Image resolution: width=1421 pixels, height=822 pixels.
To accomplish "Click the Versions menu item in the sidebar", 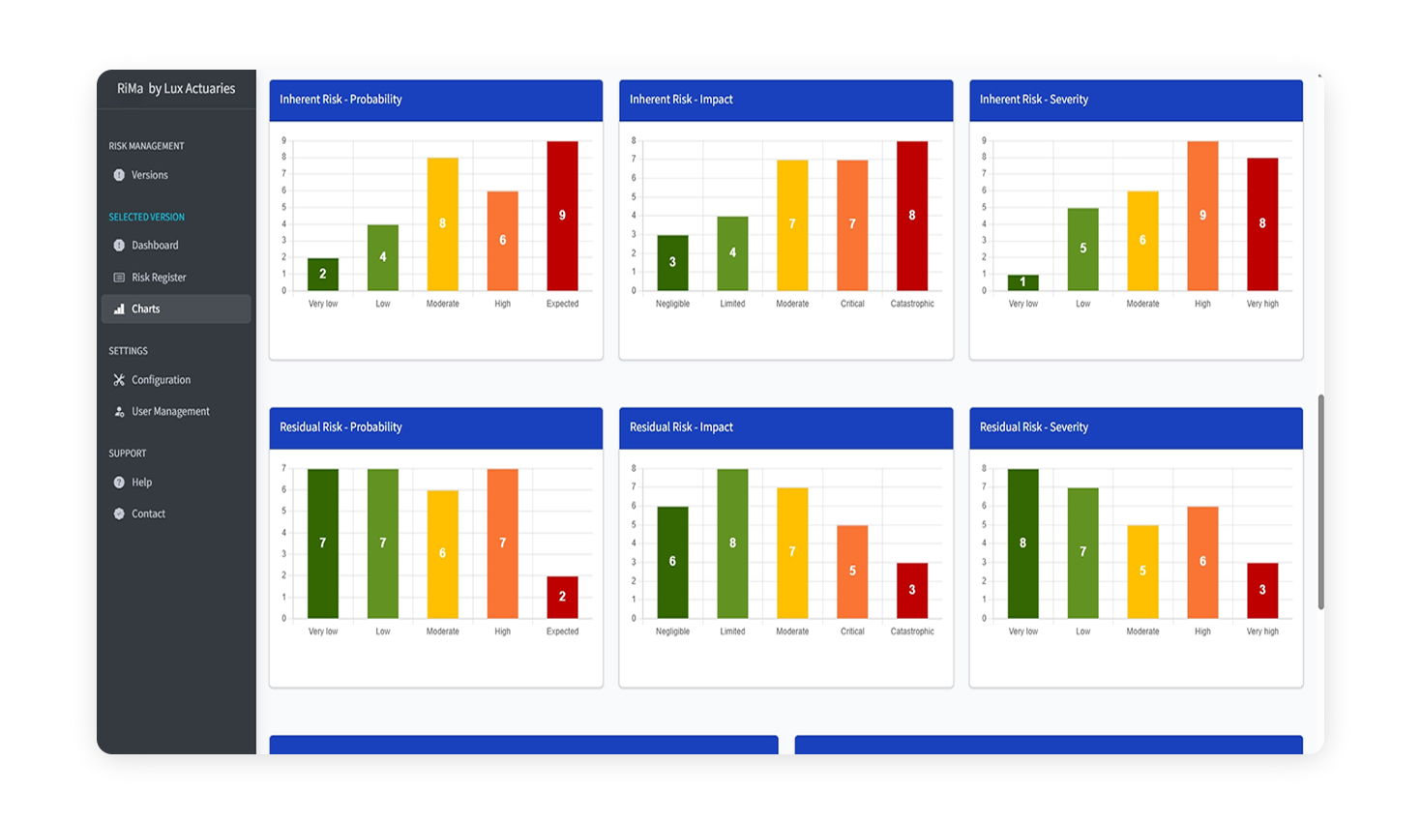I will click(149, 175).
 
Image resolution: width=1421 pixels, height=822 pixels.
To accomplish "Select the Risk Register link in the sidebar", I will click(159, 278).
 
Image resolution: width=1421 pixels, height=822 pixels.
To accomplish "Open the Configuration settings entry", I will click(161, 380).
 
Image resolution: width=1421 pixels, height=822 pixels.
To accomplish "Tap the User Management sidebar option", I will click(170, 412).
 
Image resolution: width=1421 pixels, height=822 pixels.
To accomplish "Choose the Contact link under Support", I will click(148, 514).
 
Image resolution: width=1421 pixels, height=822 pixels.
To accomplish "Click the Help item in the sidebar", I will click(141, 483).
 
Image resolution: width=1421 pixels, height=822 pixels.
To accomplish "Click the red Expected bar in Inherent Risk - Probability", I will click(562, 216).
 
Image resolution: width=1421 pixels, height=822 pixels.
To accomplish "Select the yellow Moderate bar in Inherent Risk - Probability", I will click(442, 224).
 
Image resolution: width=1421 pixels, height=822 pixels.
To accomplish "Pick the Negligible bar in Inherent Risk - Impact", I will click(672, 263).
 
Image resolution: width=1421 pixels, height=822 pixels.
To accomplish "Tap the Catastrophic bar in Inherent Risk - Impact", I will click(911, 216).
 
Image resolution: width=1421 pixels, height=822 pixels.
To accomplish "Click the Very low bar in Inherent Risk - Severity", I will click(1022, 283).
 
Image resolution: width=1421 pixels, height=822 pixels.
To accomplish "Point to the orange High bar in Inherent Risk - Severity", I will click(1202, 216).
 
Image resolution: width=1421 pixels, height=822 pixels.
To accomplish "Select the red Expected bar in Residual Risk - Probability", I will click(562, 598).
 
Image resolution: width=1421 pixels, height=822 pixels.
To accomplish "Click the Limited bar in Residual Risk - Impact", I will click(732, 543).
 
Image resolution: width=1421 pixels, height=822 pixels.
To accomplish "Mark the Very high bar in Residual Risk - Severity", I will click(1262, 590).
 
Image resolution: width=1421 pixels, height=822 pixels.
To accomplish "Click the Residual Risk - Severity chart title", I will click(1033, 427).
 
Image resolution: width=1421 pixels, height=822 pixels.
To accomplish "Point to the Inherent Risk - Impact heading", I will click(681, 100).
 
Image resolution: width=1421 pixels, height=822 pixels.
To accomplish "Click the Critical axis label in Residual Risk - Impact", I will click(852, 631).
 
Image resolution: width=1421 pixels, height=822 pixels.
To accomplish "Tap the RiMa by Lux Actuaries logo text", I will click(176, 89).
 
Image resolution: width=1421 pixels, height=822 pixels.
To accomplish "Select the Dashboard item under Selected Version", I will click(155, 246).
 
